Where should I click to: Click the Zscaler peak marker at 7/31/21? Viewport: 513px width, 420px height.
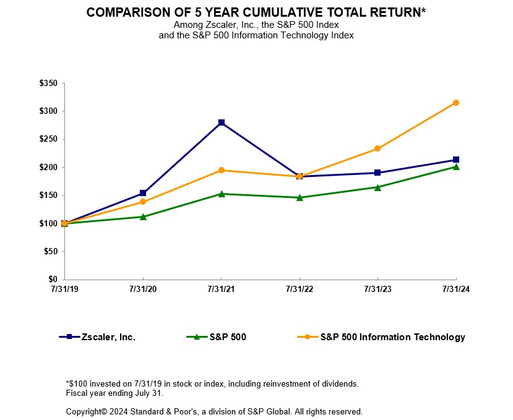pyautogui.click(x=222, y=122)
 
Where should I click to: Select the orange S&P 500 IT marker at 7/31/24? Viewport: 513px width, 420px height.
pyautogui.click(x=456, y=103)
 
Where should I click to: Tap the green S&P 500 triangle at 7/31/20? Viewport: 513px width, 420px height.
pyautogui.click(x=143, y=216)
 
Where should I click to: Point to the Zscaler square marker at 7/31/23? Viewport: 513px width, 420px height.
pyautogui.click(x=377, y=173)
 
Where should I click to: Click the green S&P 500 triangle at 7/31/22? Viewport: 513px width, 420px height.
pyautogui.click(x=300, y=197)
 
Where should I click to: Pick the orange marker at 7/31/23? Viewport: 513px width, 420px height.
pyautogui.click(x=377, y=148)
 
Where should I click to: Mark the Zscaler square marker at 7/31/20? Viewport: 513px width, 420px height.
pyautogui.click(x=143, y=193)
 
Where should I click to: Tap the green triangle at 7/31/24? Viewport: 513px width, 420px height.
pyautogui.click(x=456, y=166)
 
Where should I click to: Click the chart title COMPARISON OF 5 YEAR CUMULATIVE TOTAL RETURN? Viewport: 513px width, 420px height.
pyautogui.click(x=256, y=12)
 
